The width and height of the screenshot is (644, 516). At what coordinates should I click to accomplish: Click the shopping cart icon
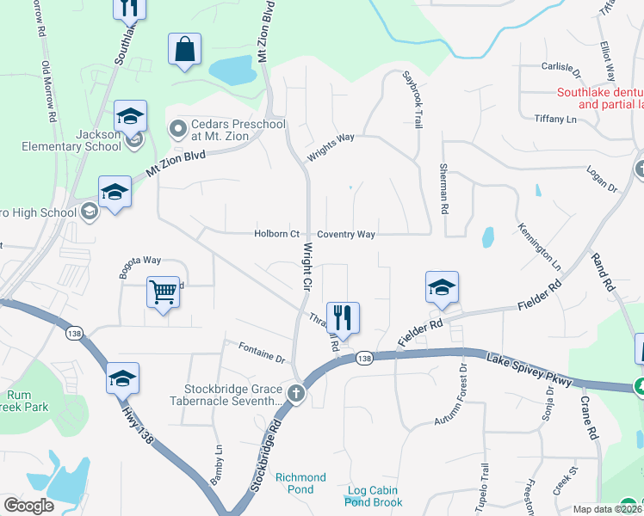point(163,293)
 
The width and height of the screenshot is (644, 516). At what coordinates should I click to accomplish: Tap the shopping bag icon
point(185,51)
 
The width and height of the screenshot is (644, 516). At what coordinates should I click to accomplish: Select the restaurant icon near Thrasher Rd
point(343,318)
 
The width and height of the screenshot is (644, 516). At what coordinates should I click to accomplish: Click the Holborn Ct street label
point(276,234)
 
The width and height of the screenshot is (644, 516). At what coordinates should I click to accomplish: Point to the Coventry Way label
point(346,234)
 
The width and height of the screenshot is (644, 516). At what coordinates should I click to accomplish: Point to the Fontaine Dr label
point(262,352)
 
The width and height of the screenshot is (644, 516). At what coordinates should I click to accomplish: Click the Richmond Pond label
point(300,482)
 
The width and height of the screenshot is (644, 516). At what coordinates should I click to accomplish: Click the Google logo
point(28,506)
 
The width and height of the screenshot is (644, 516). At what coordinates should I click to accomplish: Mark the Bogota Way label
point(140,261)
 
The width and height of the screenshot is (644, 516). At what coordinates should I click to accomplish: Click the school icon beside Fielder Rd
point(441,289)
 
